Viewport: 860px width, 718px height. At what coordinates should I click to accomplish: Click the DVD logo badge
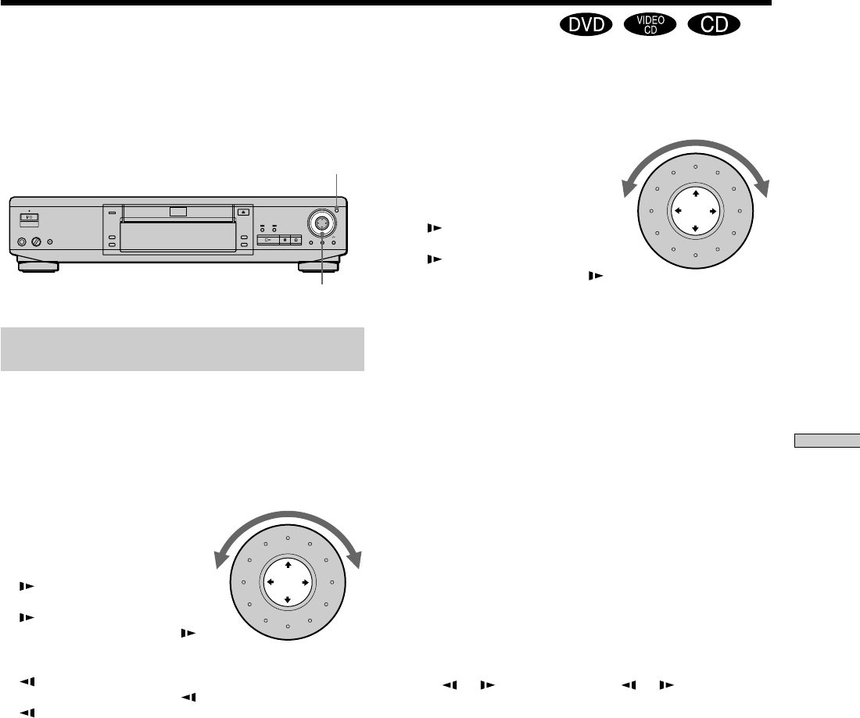click(586, 25)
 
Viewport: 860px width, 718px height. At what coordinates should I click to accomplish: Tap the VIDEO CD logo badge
click(650, 25)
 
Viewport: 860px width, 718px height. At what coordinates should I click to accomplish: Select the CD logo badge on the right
click(714, 25)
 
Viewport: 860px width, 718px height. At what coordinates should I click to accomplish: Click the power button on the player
click(30, 218)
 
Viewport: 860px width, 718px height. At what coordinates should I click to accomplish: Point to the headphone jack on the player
click(22, 241)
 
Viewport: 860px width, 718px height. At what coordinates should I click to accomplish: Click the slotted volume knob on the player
click(37, 241)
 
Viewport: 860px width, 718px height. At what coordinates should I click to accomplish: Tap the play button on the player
click(267, 240)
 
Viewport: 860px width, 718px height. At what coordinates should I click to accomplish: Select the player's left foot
click(38, 267)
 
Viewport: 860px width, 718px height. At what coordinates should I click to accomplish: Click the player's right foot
click(319, 267)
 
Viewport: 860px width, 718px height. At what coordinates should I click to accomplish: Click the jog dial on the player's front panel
click(321, 222)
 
